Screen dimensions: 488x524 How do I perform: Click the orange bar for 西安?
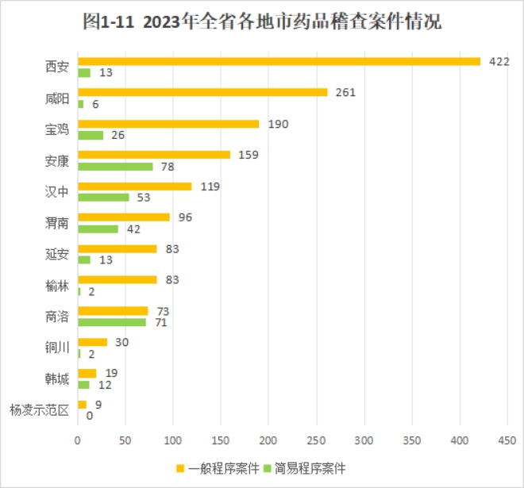(x=278, y=61)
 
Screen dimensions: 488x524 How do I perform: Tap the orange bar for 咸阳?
(x=202, y=92)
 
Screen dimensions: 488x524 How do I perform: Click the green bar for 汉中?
(x=103, y=198)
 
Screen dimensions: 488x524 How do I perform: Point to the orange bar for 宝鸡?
(x=168, y=124)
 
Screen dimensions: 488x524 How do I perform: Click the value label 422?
(x=498, y=61)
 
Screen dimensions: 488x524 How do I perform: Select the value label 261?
(x=345, y=92)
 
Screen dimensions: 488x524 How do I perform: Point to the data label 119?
(x=209, y=186)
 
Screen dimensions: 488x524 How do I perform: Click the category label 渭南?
(x=57, y=223)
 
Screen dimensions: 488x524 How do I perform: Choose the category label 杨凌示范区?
(x=39, y=410)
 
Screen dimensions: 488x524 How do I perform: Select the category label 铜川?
(x=57, y=348)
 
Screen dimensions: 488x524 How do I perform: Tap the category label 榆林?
(x=57, y=286)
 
